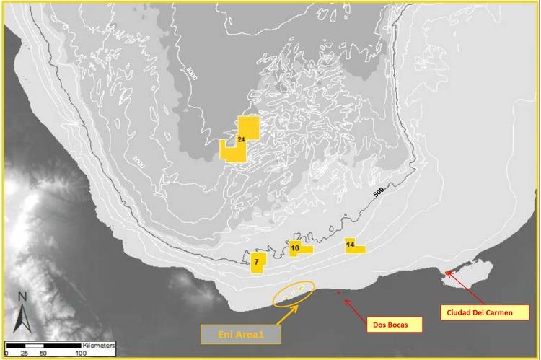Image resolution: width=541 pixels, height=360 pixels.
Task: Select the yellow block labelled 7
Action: coord(258,263)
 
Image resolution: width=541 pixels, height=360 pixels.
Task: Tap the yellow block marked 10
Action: coord(296,248)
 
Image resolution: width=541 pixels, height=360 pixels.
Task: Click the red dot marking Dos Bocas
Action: coord(340,293)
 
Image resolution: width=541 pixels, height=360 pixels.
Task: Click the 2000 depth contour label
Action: coord(139,164)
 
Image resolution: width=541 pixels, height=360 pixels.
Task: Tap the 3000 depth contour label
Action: coord(191,73)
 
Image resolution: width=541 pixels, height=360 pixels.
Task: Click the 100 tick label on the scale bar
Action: coord(81,354)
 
